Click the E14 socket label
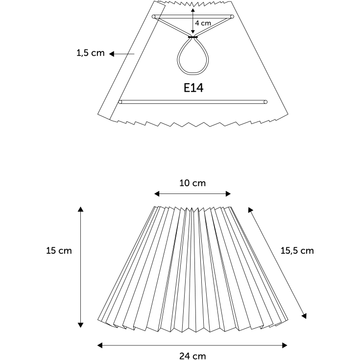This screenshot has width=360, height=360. (x=193, y=88)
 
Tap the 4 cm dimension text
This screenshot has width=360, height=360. (x=203, y=23)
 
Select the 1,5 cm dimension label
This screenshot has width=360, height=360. (x=91, y=53)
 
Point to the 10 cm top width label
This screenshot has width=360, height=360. (x=192, y=183)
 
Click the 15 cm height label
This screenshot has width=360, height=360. (x=59, y=250)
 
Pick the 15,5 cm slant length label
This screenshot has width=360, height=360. (x=297, y=251)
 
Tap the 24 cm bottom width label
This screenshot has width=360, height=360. (x=192, y=356)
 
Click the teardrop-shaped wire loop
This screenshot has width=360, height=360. (x=193, y=56)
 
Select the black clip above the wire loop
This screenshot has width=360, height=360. (x=193, y=37)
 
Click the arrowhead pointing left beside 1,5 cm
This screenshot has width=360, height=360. (x=112, y=54)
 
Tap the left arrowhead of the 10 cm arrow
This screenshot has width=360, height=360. (x=157, y=194)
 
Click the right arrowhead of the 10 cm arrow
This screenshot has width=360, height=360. (x=228, y=194)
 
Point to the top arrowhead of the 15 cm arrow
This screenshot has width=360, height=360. (x=80, y=209)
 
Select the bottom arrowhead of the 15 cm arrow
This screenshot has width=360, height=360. (x=80, y=325)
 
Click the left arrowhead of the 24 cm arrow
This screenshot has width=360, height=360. (x=100, y=345)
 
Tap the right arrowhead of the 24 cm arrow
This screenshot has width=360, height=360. (x=285, y=345)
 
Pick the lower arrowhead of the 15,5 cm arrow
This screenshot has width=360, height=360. (x=304, y=316)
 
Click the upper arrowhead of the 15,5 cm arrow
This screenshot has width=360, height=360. (x=250, y=210)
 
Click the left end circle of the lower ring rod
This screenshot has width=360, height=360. (x=120, y=102)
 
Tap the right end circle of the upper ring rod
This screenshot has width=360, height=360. (x=232, y=17)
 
